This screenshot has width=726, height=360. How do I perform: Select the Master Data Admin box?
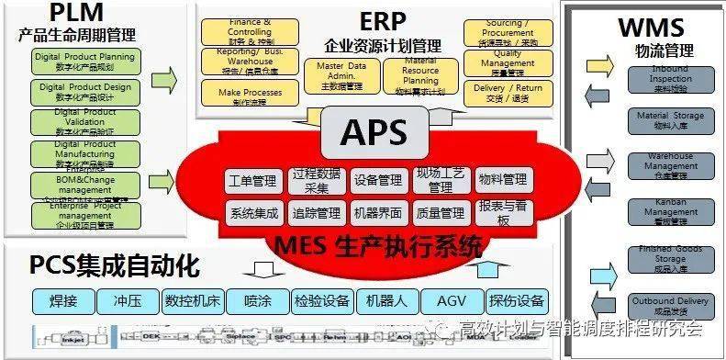click(341, 76)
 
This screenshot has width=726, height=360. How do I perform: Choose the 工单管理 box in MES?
click(251, 181)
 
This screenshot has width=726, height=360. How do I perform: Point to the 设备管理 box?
click(377, 181)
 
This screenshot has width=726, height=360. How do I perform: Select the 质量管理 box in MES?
click(440, 213)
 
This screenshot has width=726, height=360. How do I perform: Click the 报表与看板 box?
click(503, 213)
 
